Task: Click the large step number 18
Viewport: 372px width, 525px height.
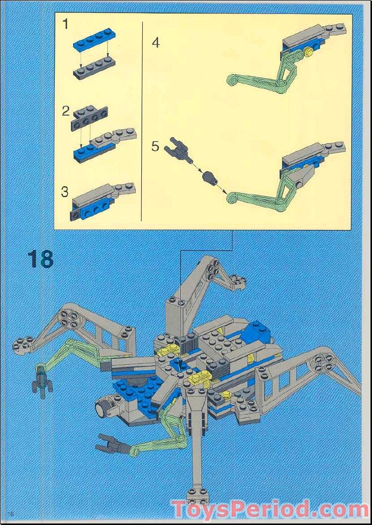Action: (x=40, y=260)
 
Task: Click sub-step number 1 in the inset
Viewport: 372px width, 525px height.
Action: (x=66, y=24)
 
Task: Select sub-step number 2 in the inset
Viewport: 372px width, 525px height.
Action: (x=66, y=111)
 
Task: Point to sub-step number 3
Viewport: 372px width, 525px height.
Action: (x=65, y=192)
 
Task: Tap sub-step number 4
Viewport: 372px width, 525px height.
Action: (x=156, y=43)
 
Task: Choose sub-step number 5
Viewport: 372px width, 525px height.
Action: (x=156, y=146)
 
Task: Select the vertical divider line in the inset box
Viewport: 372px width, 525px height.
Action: (x=143, y=119)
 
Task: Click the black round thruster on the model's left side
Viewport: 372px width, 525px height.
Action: (x=104, y=408)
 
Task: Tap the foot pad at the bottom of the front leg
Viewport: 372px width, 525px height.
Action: (x=197, y=496)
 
